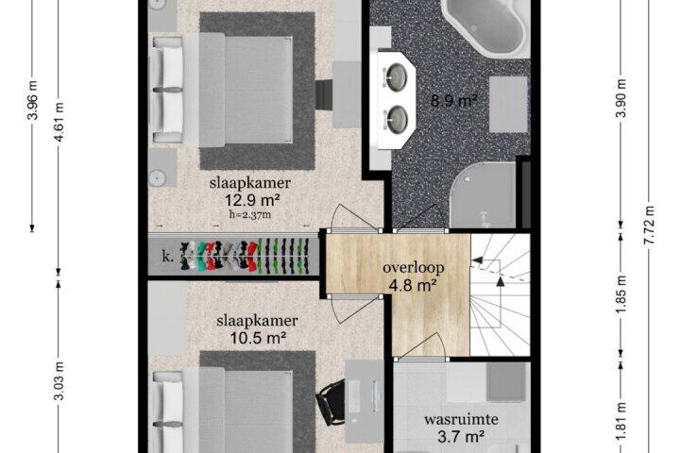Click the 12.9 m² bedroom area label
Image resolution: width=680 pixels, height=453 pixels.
[x=251, y=200]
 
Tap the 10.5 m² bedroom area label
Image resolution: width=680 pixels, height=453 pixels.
[x=258, y=338]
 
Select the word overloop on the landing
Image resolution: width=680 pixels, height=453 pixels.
[x=414, y=268]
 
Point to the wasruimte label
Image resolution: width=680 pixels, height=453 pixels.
[x=461, y=419]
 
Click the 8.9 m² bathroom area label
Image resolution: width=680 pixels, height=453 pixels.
[x=453, y=101]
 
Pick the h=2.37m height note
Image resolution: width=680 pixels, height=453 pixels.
[x=249, y=214]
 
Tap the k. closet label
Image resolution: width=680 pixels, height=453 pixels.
[x=168, y=257]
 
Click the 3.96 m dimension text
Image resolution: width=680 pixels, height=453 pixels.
[x=33, y=99]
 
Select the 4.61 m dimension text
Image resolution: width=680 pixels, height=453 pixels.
[x=59, y=122]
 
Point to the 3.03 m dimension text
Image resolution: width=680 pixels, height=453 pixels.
[x=59, y=381]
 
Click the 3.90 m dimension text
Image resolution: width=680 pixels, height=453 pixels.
[x=621, y=98]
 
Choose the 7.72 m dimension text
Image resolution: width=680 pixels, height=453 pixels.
[x=649, y=226]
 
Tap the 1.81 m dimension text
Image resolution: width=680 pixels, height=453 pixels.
[x=621, y=422]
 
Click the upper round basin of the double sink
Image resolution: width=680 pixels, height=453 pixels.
[x=397, y=77]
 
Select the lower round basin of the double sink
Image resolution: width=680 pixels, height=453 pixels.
[x=397, y=119]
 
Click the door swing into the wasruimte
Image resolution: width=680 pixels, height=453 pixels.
[x=423, y=346]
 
